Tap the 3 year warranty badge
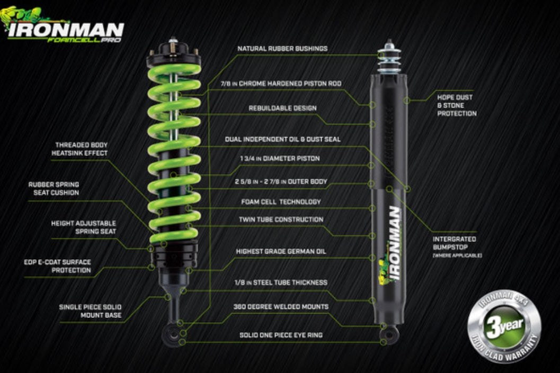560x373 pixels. click(x=504, y=326)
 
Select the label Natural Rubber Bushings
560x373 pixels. click(x=282, y=49)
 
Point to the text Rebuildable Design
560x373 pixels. click(x=282, y=108)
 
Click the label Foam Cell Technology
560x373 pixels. click(x=281, y=202)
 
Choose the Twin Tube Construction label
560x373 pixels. click(x=281, y=220)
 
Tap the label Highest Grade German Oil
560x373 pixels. click(x=281, y=251)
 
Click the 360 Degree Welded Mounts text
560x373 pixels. click(x=281, y=307)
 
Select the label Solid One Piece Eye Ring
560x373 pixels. click(x=281, y=335)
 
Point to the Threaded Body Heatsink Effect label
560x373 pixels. click(x=79, y=149)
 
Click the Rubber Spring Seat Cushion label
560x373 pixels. click(x=54, y=189)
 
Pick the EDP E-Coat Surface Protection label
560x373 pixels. click(x=58, y=266)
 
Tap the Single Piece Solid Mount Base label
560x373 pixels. click(x=91, y=311)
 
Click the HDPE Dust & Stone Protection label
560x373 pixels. click(x=457, y=106)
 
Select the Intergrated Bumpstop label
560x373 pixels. click(x=457, y=247)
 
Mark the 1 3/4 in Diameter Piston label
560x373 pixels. click(x=280, y=159)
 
